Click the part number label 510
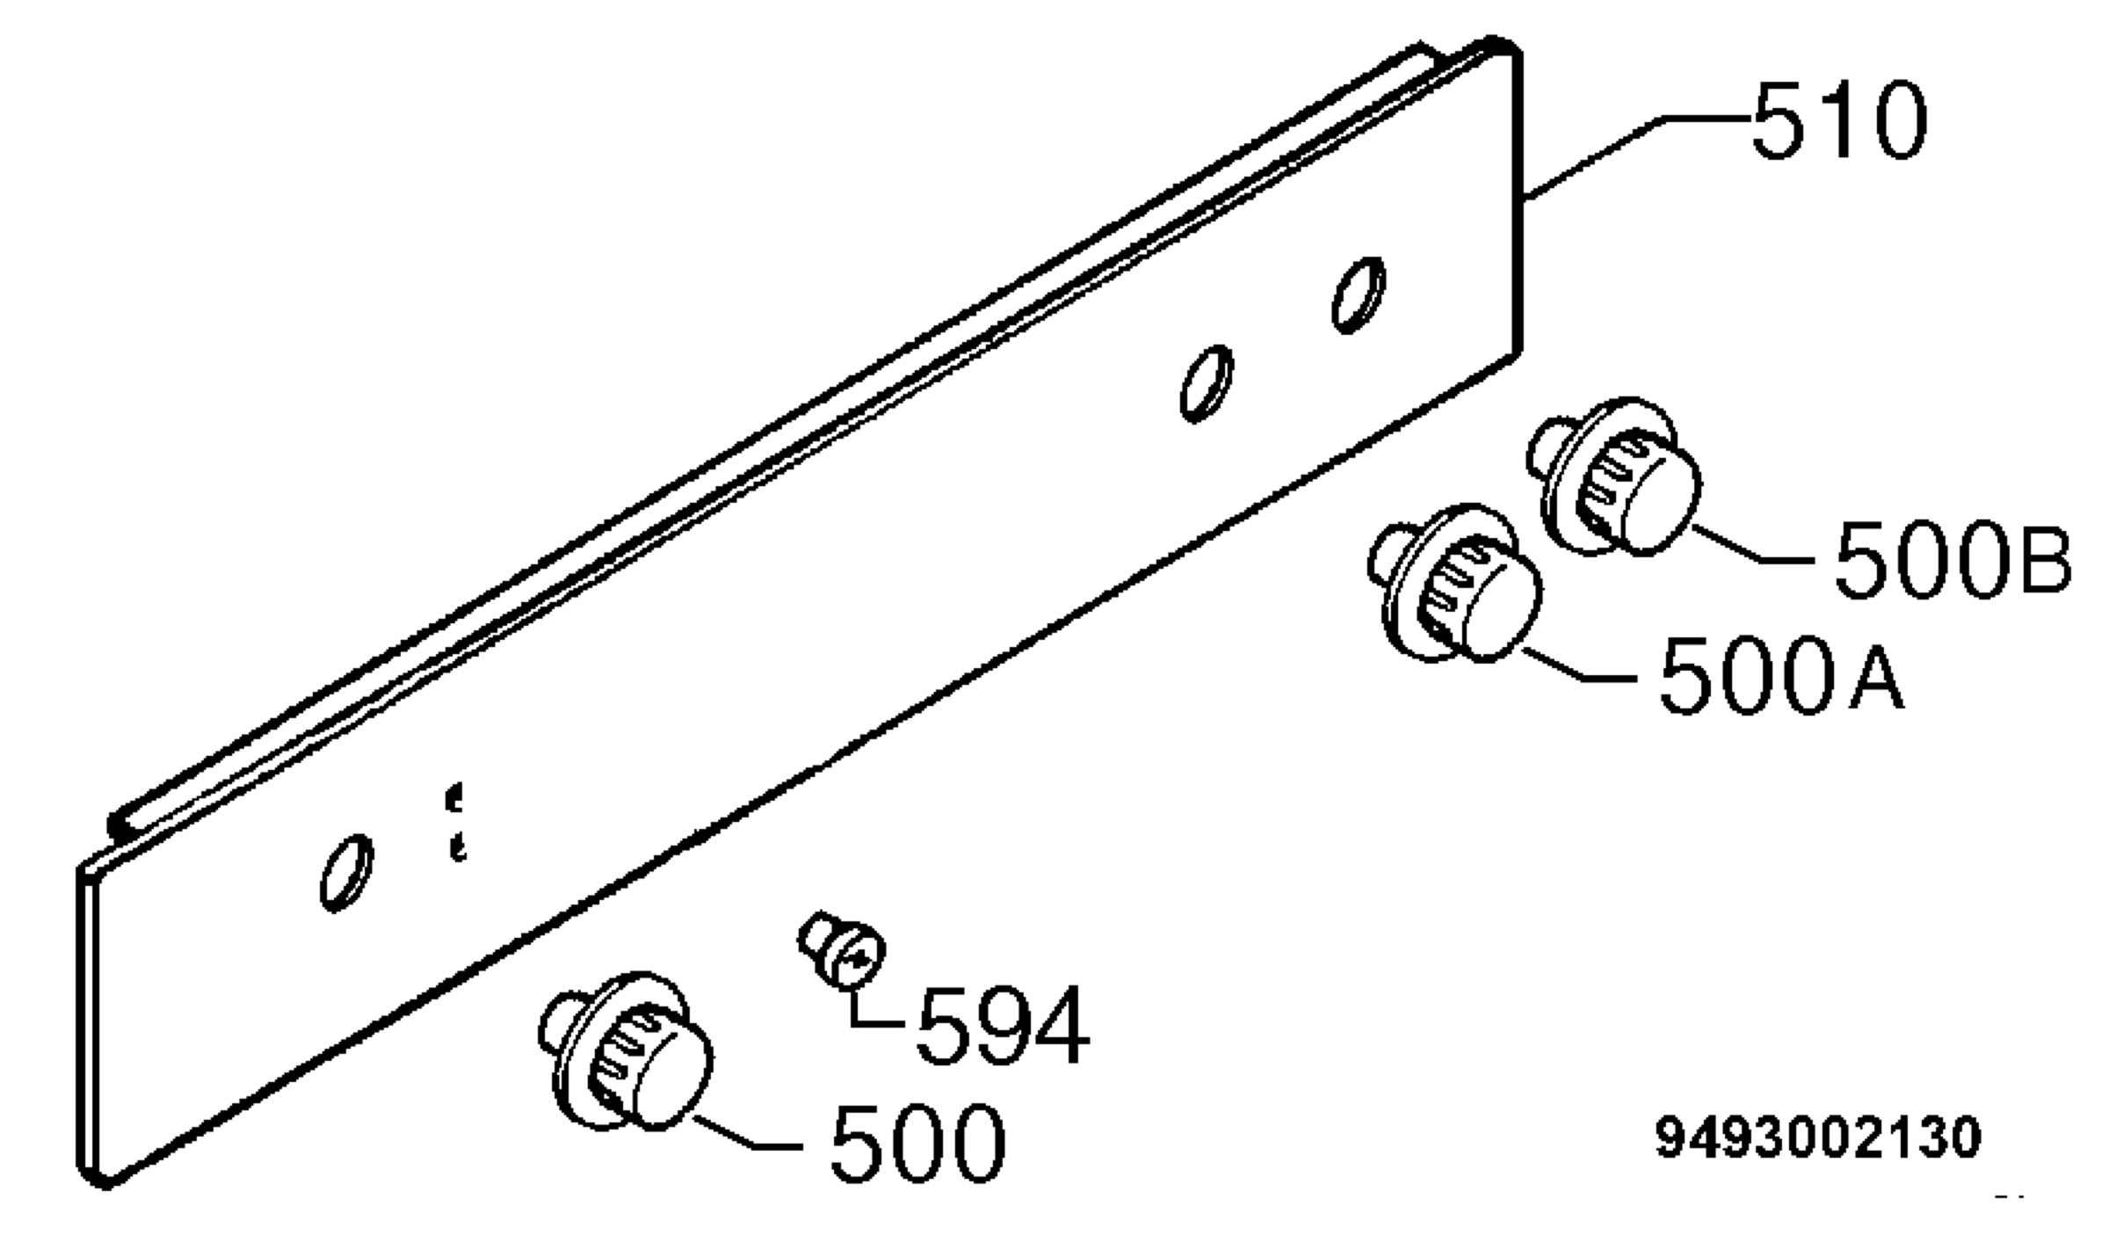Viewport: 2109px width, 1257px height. (x=1838, y=120)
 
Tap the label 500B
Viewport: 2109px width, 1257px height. (x=1953, y=559)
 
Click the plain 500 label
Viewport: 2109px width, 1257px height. (x=917, y=1143)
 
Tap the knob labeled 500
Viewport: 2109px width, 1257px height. (x=626, y=1051)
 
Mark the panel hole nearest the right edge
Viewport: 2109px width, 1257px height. (x=1359, y=294)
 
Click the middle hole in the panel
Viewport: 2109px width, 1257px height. (x=1206, y=383)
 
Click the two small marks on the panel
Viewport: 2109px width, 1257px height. (x=455, y=823)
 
